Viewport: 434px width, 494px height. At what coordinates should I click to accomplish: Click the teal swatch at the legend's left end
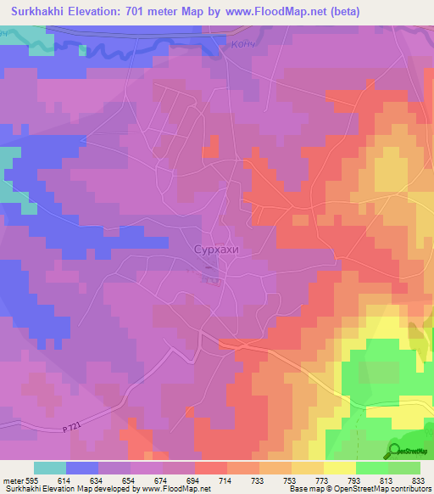(49, 468)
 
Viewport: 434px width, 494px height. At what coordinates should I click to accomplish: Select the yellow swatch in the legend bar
(338, 468)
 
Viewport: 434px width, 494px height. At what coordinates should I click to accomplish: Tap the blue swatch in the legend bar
(81, 468)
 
